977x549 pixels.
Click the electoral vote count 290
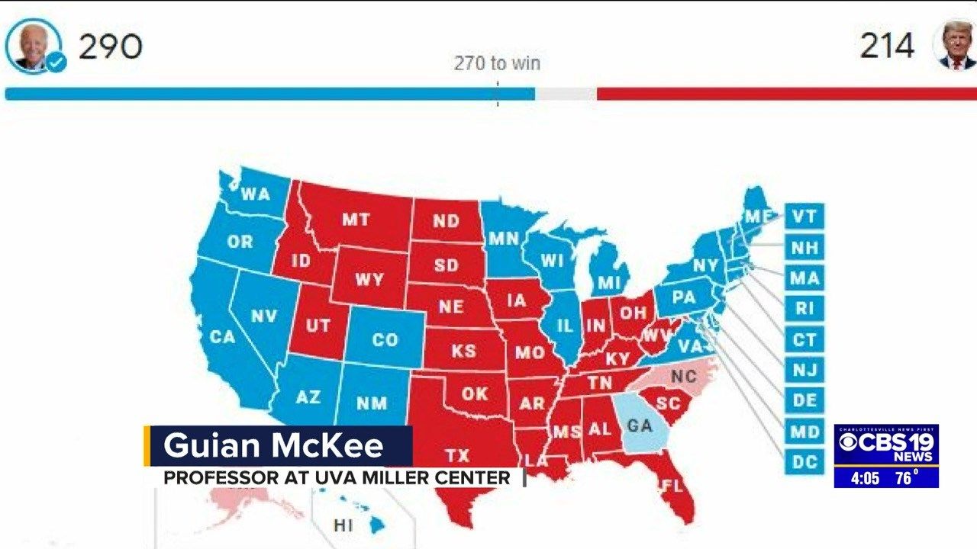[x=111, y=47]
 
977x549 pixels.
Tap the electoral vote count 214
[x=887, y=47]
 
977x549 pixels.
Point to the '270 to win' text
[x=497, y=63]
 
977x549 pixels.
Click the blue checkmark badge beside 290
[x=56, y=63]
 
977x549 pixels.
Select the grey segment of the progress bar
[x=566, y=94]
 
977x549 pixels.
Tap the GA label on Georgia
[x=640, y=425]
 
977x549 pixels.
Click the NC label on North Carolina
[x=684, y=376]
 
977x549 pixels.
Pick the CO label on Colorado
[x=385, y=340]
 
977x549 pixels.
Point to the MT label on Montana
[x=356, y=220]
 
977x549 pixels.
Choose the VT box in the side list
[x=804, y=217]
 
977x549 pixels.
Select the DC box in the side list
[x=804, y=462]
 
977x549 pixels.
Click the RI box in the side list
[x=804, y=309]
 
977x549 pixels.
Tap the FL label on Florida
[x=672, y=485]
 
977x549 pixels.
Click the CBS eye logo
[x=847, y=442]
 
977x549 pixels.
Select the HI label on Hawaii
[x=343, y=525]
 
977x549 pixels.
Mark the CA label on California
[x=222, y=335]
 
